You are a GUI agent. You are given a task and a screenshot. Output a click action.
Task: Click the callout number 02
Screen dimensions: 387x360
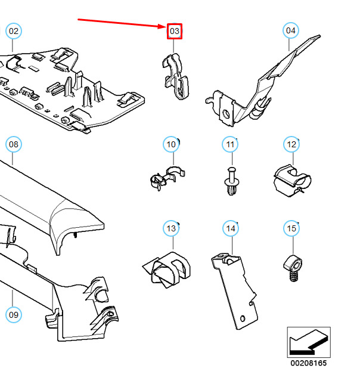click(x=13, y=31)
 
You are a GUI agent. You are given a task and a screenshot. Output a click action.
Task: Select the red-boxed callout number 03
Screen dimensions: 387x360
click(x=174, y=30)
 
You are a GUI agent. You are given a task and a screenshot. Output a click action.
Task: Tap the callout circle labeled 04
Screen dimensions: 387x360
click(x=290, y=30)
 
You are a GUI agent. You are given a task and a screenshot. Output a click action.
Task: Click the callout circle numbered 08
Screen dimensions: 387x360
click(x=13, y=144)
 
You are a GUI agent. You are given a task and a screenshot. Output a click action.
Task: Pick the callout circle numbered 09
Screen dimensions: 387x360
click(x=13, y=314)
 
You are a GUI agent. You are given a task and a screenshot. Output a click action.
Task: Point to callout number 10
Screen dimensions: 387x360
click(x=171, y=144)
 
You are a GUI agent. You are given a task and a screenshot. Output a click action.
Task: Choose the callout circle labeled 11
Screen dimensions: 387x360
click(x=230, y=144)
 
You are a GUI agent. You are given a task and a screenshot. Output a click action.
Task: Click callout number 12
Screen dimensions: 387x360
click(x=291, y=144)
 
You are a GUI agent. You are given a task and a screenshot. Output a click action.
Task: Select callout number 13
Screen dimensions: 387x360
click(x=171, y=228)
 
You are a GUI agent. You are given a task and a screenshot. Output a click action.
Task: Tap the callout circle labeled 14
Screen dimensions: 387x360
click(x=230, y=228)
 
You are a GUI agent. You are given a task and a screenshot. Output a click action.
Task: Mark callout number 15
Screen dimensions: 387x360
click(x=291, y=228)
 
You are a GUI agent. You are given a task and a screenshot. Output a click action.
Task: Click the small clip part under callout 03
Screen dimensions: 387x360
click(x=176, y=76)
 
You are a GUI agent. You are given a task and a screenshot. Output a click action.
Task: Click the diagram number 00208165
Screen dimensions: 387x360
click(x=308, y=363)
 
